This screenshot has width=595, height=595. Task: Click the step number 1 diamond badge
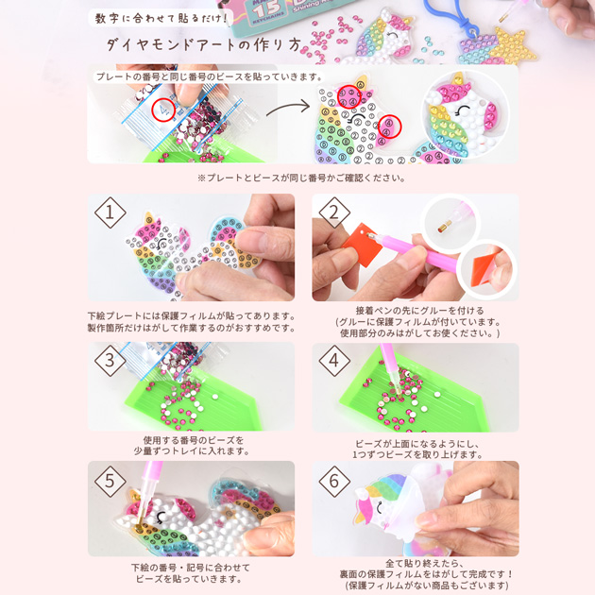tap(110, 214)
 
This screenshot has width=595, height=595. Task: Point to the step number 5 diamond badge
tap(110, 481)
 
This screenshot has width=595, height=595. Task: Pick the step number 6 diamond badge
tap(333, 481)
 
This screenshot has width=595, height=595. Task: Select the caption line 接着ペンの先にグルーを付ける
tap(415, 310)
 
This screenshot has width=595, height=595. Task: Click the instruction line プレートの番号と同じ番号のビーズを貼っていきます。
tap(209, 76)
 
